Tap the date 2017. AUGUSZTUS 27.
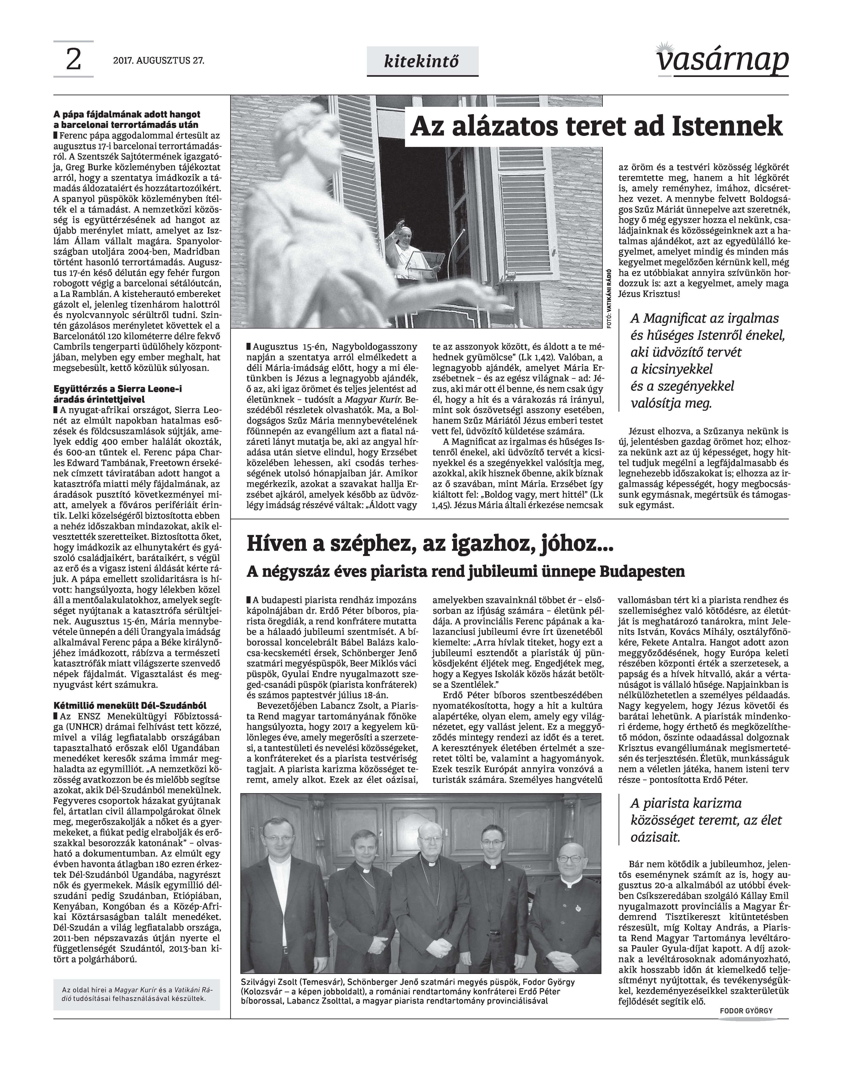click(x=158, y=61)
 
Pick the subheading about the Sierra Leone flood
click(x=118, y=394)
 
